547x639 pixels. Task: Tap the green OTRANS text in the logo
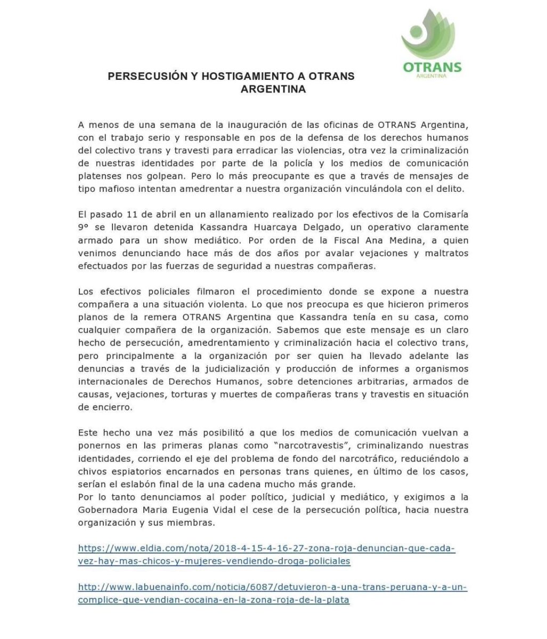coord(432,67)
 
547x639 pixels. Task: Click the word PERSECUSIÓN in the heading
coord(144,76)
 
